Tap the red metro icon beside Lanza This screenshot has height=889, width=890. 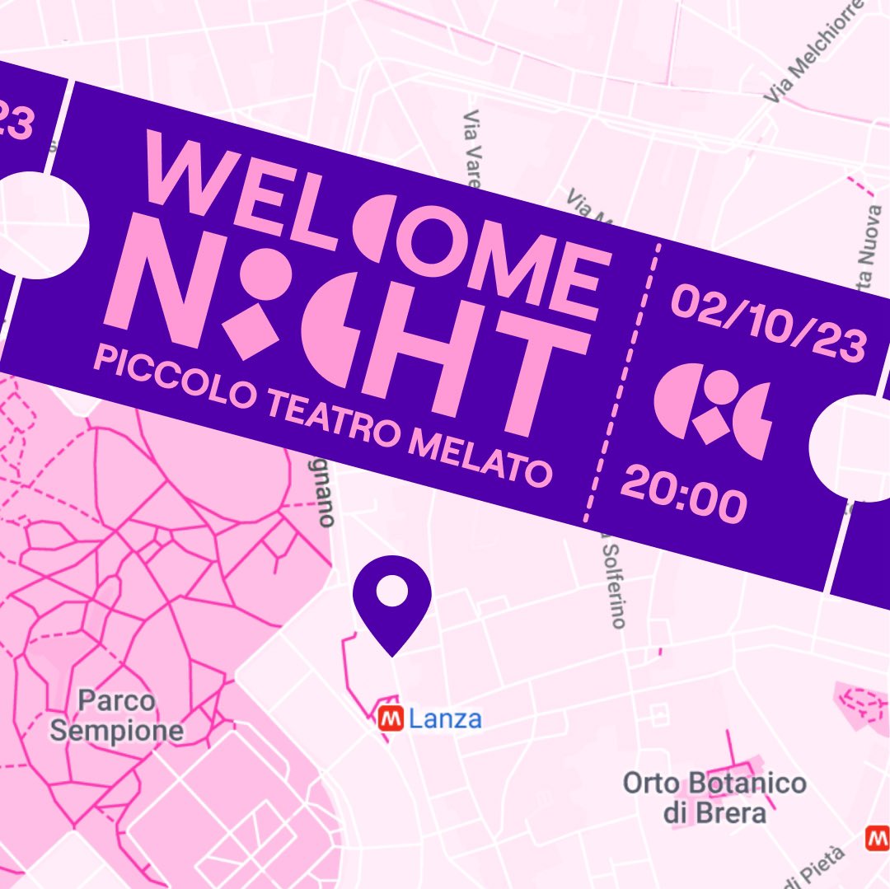click(x=390, y=719)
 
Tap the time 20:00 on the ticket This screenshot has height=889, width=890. click(x=683, y=493)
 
